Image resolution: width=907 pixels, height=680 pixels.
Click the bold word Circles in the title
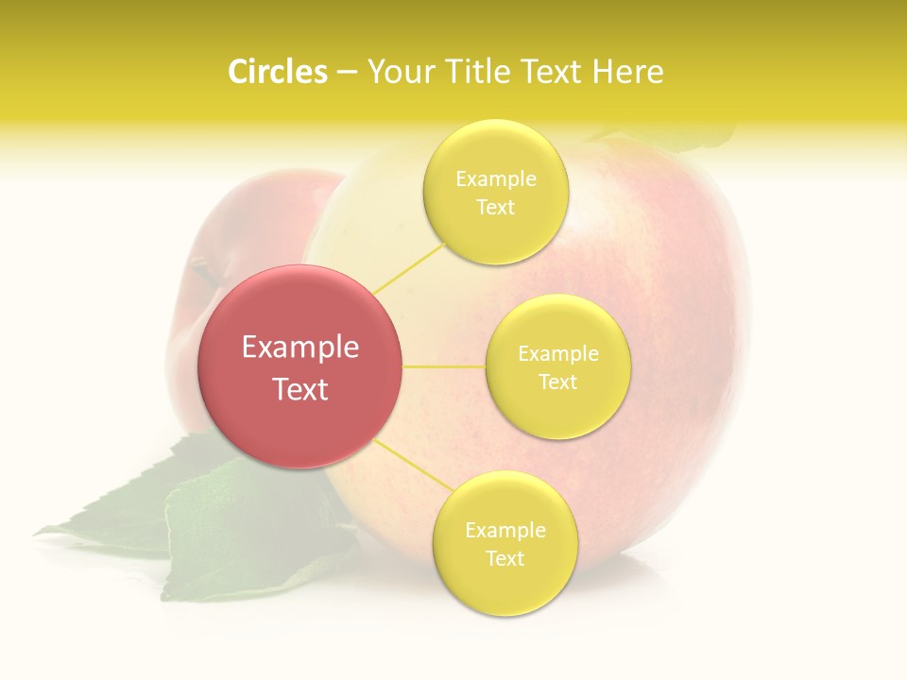pyautogui.click(x=278, y=72)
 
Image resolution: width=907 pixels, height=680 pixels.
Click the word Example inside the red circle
pyautogui.click(x=300, y=348)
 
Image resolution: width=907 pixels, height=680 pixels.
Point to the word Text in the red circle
pyautogui.click(x=300, y=388)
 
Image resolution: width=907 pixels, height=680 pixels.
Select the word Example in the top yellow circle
pyautogui.click(x=496, y=179)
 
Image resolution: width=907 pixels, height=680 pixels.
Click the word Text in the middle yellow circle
pyautogui.click(x=557, y=382)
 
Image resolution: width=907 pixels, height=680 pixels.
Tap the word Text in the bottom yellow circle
pyautogui.click(x=505, y=558)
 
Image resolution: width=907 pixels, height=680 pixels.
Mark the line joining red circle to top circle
pyautogui.click(x=408, y=266)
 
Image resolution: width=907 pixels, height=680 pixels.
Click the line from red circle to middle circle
pyautogui.click(x=443, y=366)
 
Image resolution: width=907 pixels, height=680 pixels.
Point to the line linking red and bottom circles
pyautogui.click(x=414, y=465)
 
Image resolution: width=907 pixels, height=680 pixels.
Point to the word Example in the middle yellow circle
pyautogui.click(x=557, y=354)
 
